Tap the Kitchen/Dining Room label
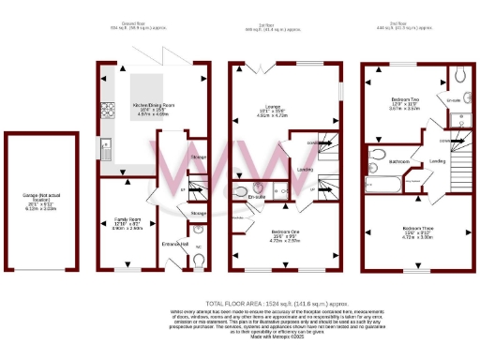(x=151, y=104)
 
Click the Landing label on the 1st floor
(x=305, y=170)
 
